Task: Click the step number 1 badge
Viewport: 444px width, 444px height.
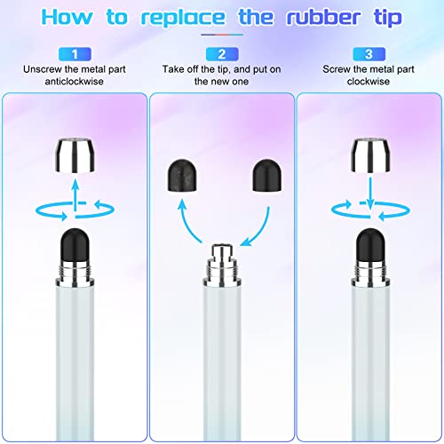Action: (x=75, y=54)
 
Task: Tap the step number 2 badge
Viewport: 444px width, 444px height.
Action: (x=222, y=54)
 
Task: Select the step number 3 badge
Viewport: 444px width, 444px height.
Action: (x=369, y=54)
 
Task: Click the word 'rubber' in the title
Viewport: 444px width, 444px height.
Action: (x=323, y=17)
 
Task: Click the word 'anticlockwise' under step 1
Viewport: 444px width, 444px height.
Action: (x=75, y=82)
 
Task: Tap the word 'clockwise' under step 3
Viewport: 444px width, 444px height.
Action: (x=369, y=82)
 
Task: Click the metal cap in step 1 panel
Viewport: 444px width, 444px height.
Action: (x=75, y=155)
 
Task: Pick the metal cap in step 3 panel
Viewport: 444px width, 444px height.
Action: (x=370, y=155)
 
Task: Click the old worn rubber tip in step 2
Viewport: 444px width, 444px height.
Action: (x=182, y=176)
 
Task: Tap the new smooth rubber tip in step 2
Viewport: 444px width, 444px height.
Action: (x=266, y=176)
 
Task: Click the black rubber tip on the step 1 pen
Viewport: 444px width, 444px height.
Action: (x=75, y=245)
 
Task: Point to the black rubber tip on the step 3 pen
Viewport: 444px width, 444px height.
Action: (x=370, y=245)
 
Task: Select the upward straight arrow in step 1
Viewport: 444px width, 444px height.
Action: (x=75, y=194)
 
